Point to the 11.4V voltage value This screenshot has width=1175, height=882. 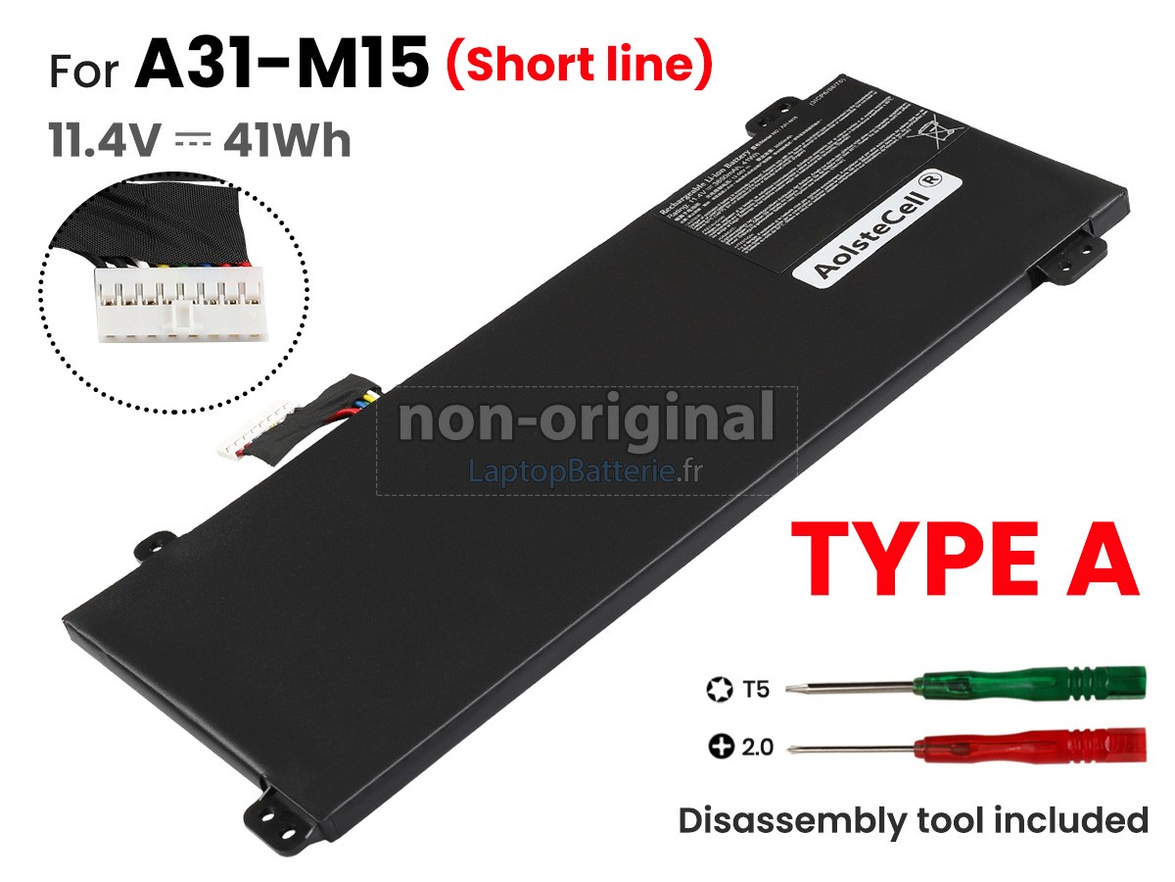[103, 141]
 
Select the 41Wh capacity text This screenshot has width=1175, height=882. [287, 141]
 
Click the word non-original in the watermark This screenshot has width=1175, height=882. [586, 419]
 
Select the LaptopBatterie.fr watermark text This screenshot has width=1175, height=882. [586, 472]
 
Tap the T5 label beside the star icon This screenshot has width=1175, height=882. [755, 690]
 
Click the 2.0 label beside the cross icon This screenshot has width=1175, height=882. [757, 748]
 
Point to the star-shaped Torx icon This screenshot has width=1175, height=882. [719, 690]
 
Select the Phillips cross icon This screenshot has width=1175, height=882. [720, 748]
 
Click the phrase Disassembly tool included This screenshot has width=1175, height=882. [913, 819]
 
